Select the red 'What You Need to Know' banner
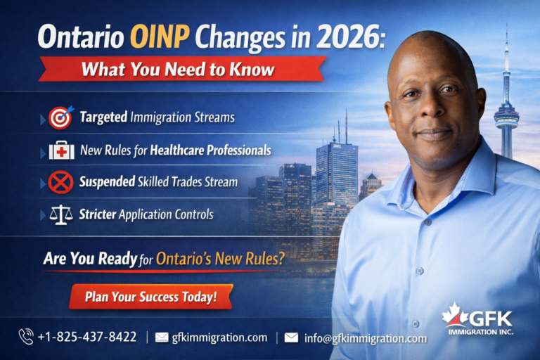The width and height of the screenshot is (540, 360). pyautogui.click(x=182, y=70)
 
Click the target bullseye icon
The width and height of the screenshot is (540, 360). pyautogui.click(x=61, y=117)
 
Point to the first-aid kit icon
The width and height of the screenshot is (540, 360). pyautogui.click(x=61, y=150)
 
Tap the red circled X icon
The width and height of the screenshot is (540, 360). pyautogui.click(x=61, y=182)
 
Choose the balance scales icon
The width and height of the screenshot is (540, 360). pyautogui.click(x=61, y=214)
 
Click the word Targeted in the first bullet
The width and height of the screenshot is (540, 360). pyautogui.click(x=103, y=117)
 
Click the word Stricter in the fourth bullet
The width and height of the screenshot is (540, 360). pyautogui.click(x=97, y=214)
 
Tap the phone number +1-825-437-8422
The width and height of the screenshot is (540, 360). pyautogui.click(x=88, y=337)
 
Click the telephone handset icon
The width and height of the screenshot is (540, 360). pyautogui.click(x=26, y=337)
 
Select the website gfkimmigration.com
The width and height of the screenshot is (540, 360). pyautogui.click(x=219, y=337)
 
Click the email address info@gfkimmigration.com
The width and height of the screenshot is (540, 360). pyautogui.click(x=365, y=338)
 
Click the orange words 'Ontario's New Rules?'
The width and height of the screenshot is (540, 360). pyautogui.click(x=220, y=259)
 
